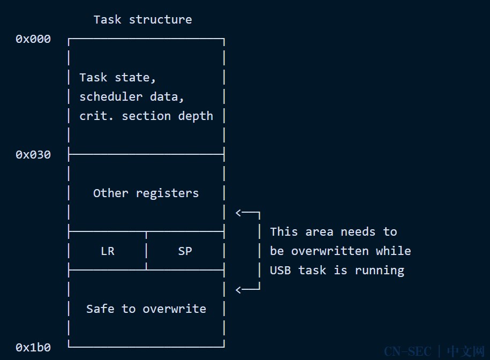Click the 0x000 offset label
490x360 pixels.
pos(33,39)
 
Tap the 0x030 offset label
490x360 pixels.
pos(33,155)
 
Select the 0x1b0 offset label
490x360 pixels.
pos(33,348)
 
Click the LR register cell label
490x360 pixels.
pos(108,251)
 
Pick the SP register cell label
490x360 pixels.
pos(185,251)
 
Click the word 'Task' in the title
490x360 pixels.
pos(107,20)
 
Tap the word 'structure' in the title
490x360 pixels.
pos(161,20)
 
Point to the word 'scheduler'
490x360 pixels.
pos(111,97)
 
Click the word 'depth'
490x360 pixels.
pos(195,117)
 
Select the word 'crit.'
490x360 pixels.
pos(96,116)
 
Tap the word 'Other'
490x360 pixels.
pos(111,193)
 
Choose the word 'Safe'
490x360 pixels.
pos(100,309)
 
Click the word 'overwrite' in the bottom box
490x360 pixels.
pos(175,309)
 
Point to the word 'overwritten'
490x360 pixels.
pos(330,251)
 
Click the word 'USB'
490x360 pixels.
pos(280,271)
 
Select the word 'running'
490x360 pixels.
pos(380,271)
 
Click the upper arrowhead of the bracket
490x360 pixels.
pos(238,213)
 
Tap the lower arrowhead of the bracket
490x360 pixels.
pos(238,290)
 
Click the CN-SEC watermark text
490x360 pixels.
pos(408,351)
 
